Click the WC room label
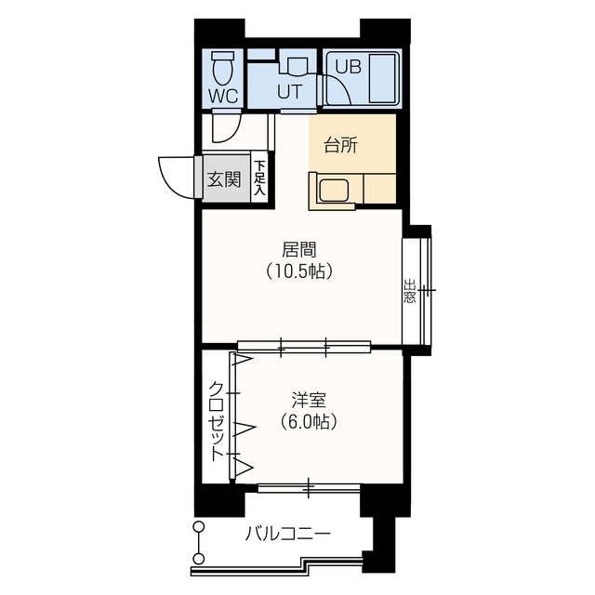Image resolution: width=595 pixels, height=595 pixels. click(x=222, y=95)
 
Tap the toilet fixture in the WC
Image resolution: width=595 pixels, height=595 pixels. click(x=222, y=67)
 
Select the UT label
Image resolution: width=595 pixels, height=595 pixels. click(x=288, y=92)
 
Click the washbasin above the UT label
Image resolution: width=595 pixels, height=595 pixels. click(x=296, y=66)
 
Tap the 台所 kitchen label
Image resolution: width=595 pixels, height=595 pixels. click(x=339, y=145)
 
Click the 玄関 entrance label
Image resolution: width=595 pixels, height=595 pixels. click(x=223, y=178)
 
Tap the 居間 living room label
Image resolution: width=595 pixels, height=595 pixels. click(x=299, y=250)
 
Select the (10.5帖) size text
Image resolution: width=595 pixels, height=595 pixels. click(x=299, y=271)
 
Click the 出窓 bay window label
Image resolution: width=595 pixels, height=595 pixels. click(x=409, y=292)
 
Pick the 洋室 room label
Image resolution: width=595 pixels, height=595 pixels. click(x=308, y=400)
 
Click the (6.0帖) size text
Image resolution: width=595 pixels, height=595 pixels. click(x=308, y=421)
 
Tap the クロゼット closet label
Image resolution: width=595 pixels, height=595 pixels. click(x=216, y=420)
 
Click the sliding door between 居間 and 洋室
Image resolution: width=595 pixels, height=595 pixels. click(x=303, y=348)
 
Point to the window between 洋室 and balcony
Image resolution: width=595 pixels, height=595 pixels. click(x=309, y=486)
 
